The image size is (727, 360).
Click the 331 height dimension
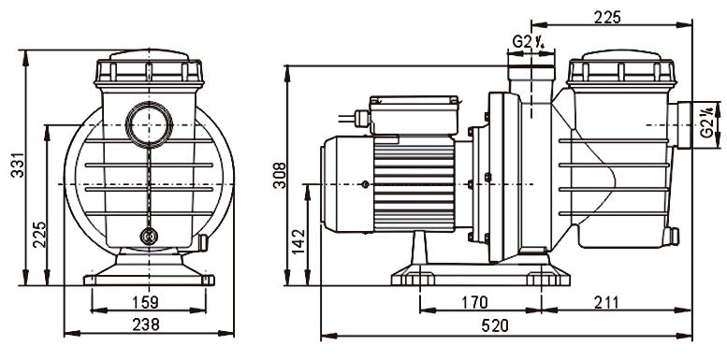pos(17,165)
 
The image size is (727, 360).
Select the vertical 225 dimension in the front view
pos(39,234)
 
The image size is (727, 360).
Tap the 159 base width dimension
pos(145,302)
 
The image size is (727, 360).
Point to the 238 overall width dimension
pos(146,324)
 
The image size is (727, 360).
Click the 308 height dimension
pos(280,175)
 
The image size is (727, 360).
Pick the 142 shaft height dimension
pos(299,241)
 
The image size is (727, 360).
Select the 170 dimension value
pos(474,303)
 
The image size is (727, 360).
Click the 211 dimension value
pos(605,303)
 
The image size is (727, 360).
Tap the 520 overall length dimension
pos(495,325)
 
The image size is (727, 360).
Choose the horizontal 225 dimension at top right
pos(607,17)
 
